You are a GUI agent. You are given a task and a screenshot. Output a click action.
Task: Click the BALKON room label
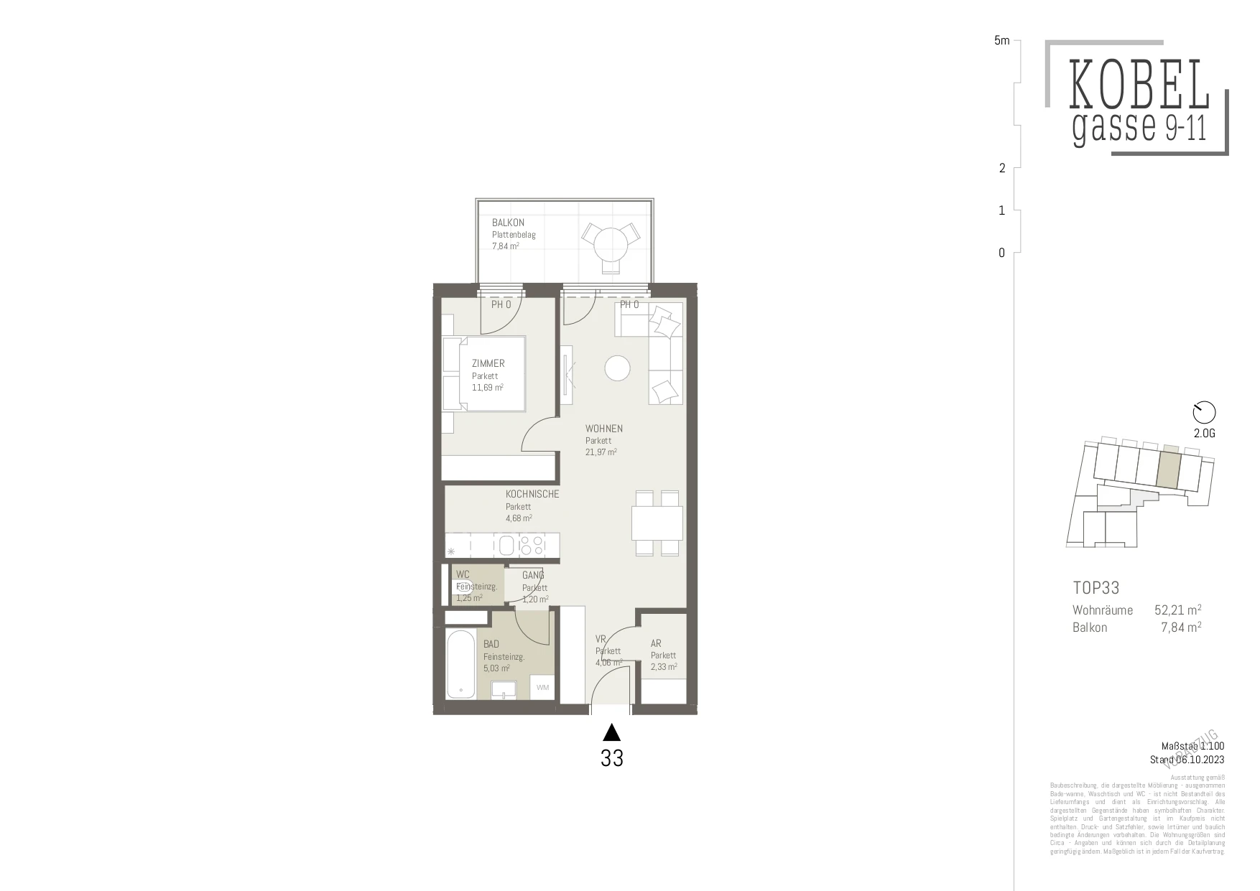[x=508, y=223]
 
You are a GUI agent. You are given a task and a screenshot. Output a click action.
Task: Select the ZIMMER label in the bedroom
[x=488, y=363]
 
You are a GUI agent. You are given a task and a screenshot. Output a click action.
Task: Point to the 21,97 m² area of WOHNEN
[x=601, y=452]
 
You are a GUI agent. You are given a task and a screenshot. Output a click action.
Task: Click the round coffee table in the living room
[x=617, y=368]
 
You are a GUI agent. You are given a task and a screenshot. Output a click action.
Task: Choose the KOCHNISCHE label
[x=532, y=494]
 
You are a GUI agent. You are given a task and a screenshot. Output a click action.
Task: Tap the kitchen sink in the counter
[x=506, y=545]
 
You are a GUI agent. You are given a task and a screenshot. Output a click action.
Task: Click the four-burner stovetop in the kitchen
[x=532, y=546]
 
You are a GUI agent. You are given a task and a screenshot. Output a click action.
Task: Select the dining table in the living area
[x=657, y=523]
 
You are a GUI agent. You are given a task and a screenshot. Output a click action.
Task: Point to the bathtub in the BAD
[x=460, y=664]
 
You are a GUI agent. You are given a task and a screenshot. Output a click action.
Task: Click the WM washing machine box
[x=542, y=687]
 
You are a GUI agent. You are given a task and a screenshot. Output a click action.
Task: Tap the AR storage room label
[x=656, y=643]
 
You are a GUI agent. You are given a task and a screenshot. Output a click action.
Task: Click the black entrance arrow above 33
[x=611, y=732]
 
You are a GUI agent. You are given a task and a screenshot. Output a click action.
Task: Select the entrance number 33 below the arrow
[x=611, y=758]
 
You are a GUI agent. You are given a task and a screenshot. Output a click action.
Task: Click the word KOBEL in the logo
[x=1139, y=85]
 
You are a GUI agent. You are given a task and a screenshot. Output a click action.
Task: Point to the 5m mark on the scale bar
[x=1001, y=41]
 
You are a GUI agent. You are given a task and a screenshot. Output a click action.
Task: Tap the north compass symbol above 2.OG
[x=1204, y=412]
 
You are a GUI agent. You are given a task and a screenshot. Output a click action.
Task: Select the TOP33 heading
[x=1095, y=588]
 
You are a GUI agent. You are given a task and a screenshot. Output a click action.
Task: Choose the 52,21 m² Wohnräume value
[x=1177, y=610]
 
